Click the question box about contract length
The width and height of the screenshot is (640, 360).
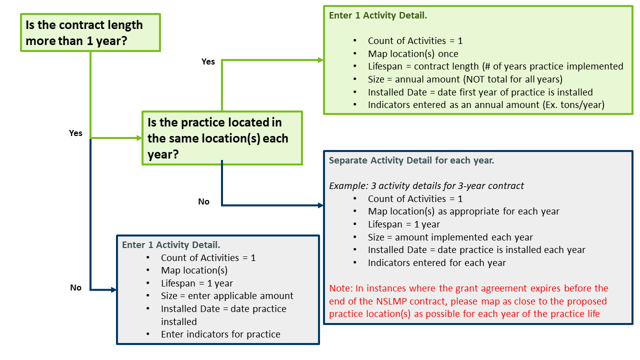click(90, 32)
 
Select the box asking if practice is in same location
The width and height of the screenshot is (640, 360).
click(222, 138)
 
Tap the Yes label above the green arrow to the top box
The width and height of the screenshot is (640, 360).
click(208, 61)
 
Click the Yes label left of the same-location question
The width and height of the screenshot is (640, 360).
click(75, 133)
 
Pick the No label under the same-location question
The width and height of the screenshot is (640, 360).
click(203, 201)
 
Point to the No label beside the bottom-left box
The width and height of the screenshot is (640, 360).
click(75, 287)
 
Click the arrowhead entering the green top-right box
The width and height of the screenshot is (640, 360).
click(320, 60)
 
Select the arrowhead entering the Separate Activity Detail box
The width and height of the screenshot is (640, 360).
click(320, 205)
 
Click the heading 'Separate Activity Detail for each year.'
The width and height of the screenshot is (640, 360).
click(411, 160)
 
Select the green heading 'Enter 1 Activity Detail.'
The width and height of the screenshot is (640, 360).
click(377, 15)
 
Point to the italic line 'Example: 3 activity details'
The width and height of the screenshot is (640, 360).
click(426, 185)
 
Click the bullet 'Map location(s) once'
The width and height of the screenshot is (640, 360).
click(413, 53)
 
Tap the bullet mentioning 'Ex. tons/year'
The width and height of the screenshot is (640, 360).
click(486, 105)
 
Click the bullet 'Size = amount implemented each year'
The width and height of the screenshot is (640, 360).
click(450, 237)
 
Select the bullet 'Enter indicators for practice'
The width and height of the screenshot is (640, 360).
click(220, 334)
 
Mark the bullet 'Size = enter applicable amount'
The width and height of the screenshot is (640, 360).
click(227, 295)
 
